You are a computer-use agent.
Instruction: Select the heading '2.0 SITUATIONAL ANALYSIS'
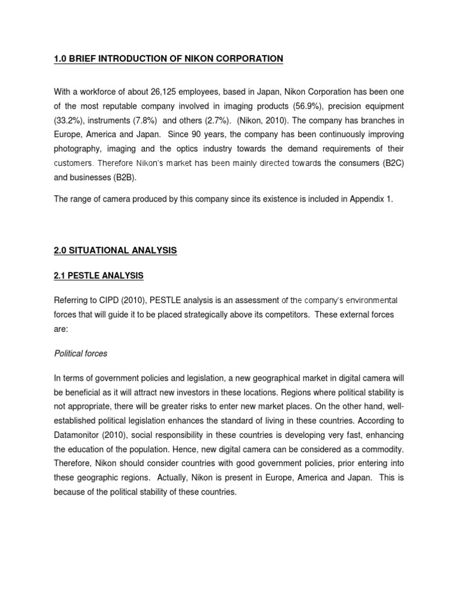(x=115, y=251)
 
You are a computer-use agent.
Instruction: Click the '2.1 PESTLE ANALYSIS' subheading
(x=98, y=276)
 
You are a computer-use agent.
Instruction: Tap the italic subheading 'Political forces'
(x=81, y=353)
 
